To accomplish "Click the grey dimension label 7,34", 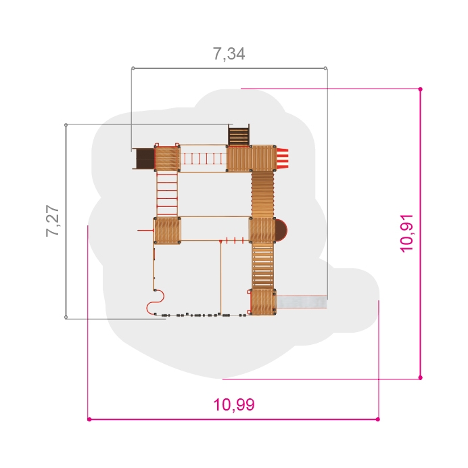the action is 229,54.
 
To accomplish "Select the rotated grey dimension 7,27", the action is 53,221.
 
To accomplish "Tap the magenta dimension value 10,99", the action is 234,404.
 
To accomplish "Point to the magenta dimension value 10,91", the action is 406,233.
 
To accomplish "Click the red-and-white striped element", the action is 282,158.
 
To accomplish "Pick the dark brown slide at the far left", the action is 145,158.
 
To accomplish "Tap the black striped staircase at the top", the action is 239,136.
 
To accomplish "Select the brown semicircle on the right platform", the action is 281,231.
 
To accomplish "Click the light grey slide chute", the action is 302,302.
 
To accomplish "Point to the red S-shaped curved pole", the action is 156,302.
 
